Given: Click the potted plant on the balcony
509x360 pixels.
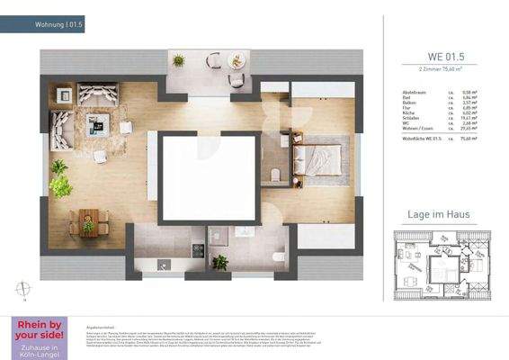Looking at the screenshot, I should point(178,61).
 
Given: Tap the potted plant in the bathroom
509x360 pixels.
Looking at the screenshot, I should point(219,262).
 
